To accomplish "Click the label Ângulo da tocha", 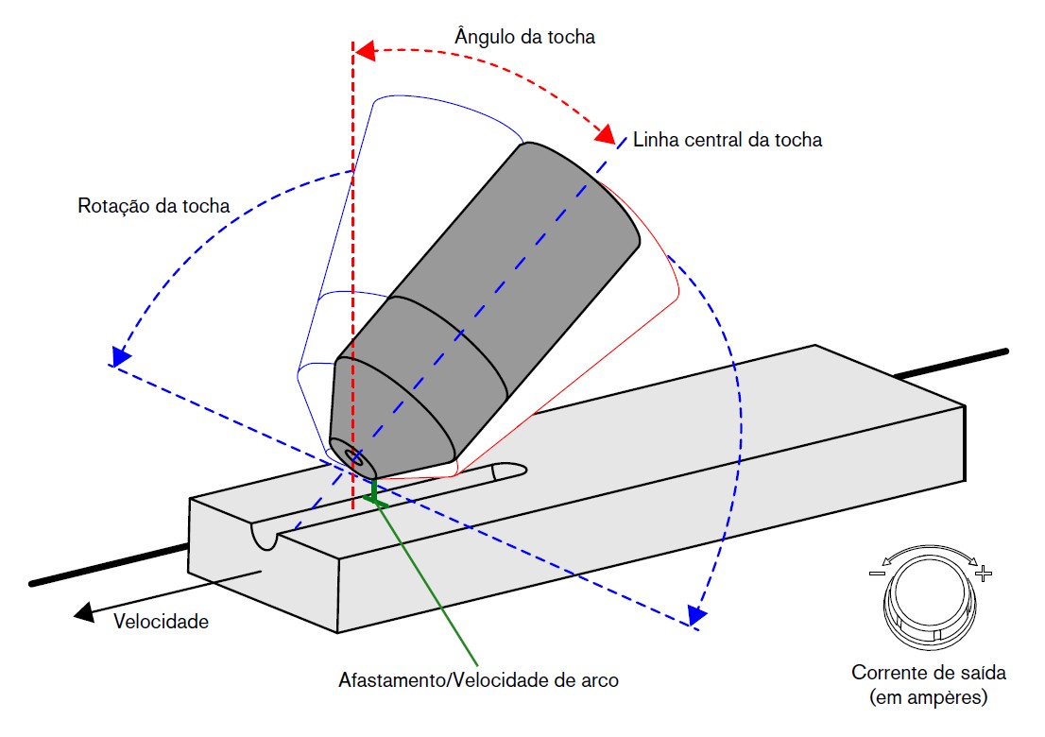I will point(524,37).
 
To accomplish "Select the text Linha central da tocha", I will point(728,140).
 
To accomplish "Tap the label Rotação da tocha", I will point(154,205).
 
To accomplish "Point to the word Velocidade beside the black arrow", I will point(161,622).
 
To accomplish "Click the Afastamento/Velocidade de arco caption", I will point(479,680).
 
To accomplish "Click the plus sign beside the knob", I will point(985,573).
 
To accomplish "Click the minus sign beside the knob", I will point(876,573).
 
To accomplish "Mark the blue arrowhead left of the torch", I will point(118,357).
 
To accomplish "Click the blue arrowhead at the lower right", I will point(696,616).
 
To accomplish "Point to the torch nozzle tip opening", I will point(356,457).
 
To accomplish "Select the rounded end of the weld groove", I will point(514,469).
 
